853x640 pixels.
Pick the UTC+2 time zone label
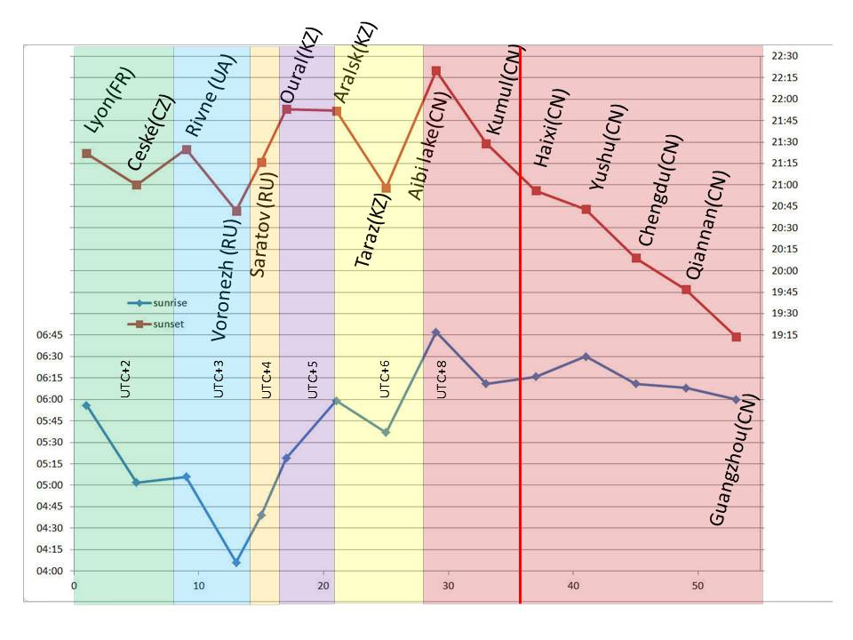(125, 379)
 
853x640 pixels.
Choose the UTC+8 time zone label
(442, 379)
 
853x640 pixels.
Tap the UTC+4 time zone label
(266, 379)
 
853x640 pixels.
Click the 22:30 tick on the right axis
(785, 56)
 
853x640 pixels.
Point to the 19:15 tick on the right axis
(785, 335)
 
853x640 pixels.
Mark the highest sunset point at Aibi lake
(436, 70)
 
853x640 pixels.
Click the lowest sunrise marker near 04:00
(236, 563)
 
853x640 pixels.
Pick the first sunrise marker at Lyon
(86, 405)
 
